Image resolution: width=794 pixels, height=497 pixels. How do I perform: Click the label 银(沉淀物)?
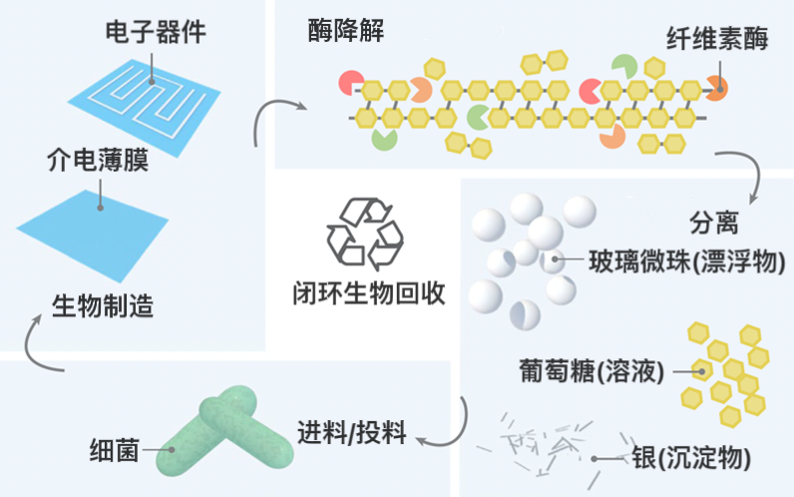click(x=690, y=458)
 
